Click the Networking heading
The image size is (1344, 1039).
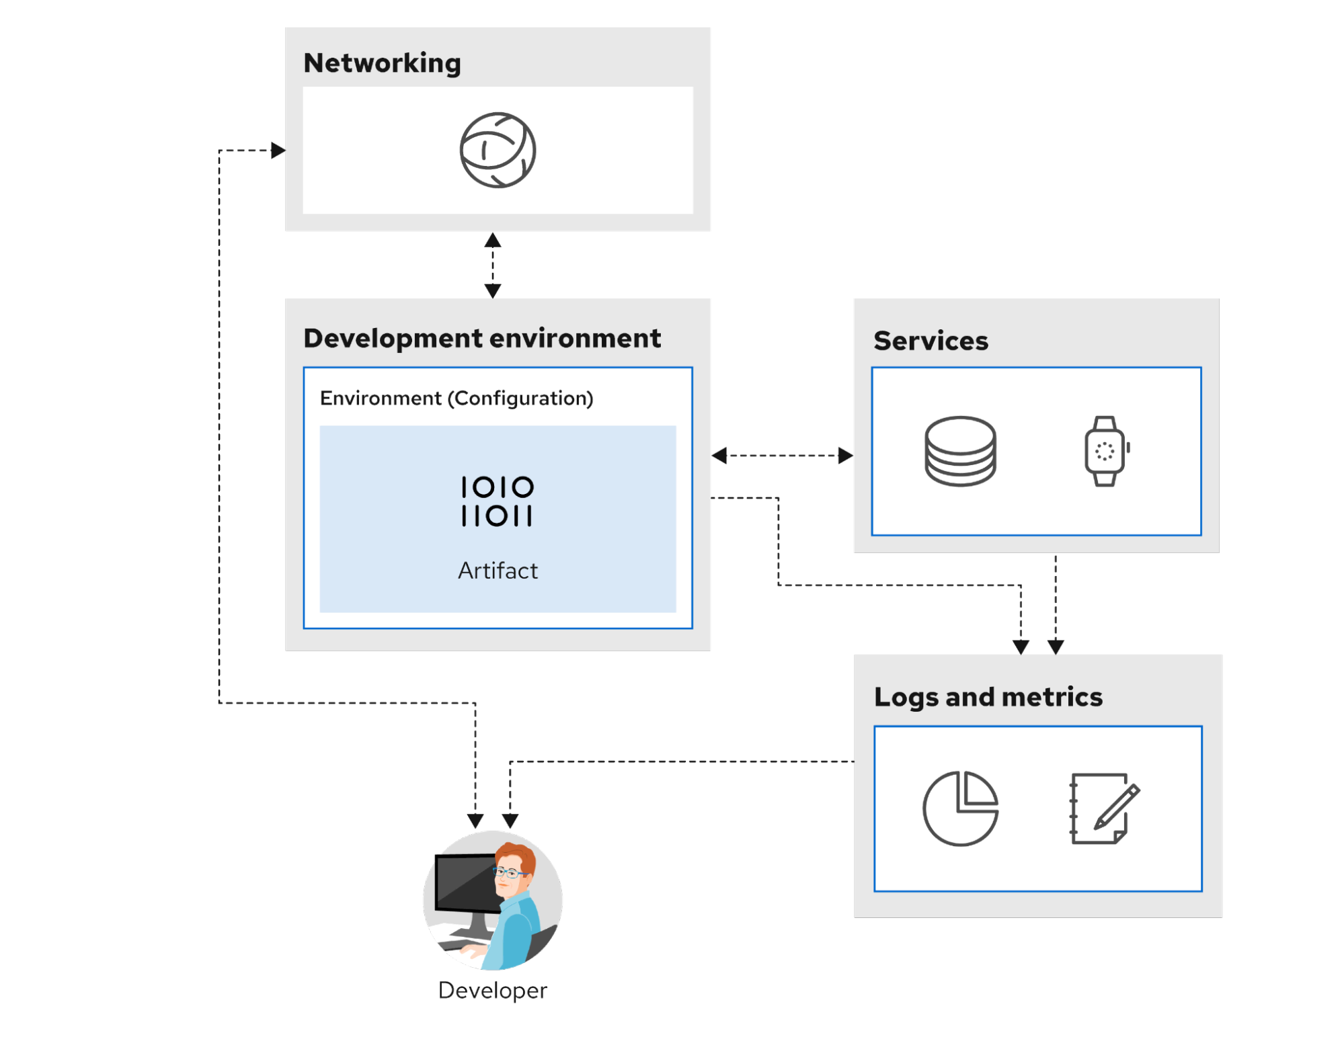382,63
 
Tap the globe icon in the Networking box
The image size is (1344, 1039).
498,150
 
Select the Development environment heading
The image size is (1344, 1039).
481,338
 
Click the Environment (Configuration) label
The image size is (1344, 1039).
457,398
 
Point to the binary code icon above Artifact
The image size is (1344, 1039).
497,501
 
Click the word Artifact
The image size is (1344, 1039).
498,571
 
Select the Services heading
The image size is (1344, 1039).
931,341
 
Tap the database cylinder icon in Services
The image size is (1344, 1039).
960,451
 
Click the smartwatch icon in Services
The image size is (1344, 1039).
1105,451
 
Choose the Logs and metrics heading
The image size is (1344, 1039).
988,697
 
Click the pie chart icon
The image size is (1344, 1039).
960,808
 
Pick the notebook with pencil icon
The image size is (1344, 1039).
1103,808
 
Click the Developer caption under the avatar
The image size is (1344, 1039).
492,990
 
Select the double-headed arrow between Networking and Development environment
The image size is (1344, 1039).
493,265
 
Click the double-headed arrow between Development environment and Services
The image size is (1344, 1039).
782,456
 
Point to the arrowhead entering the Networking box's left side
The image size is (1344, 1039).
277,150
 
